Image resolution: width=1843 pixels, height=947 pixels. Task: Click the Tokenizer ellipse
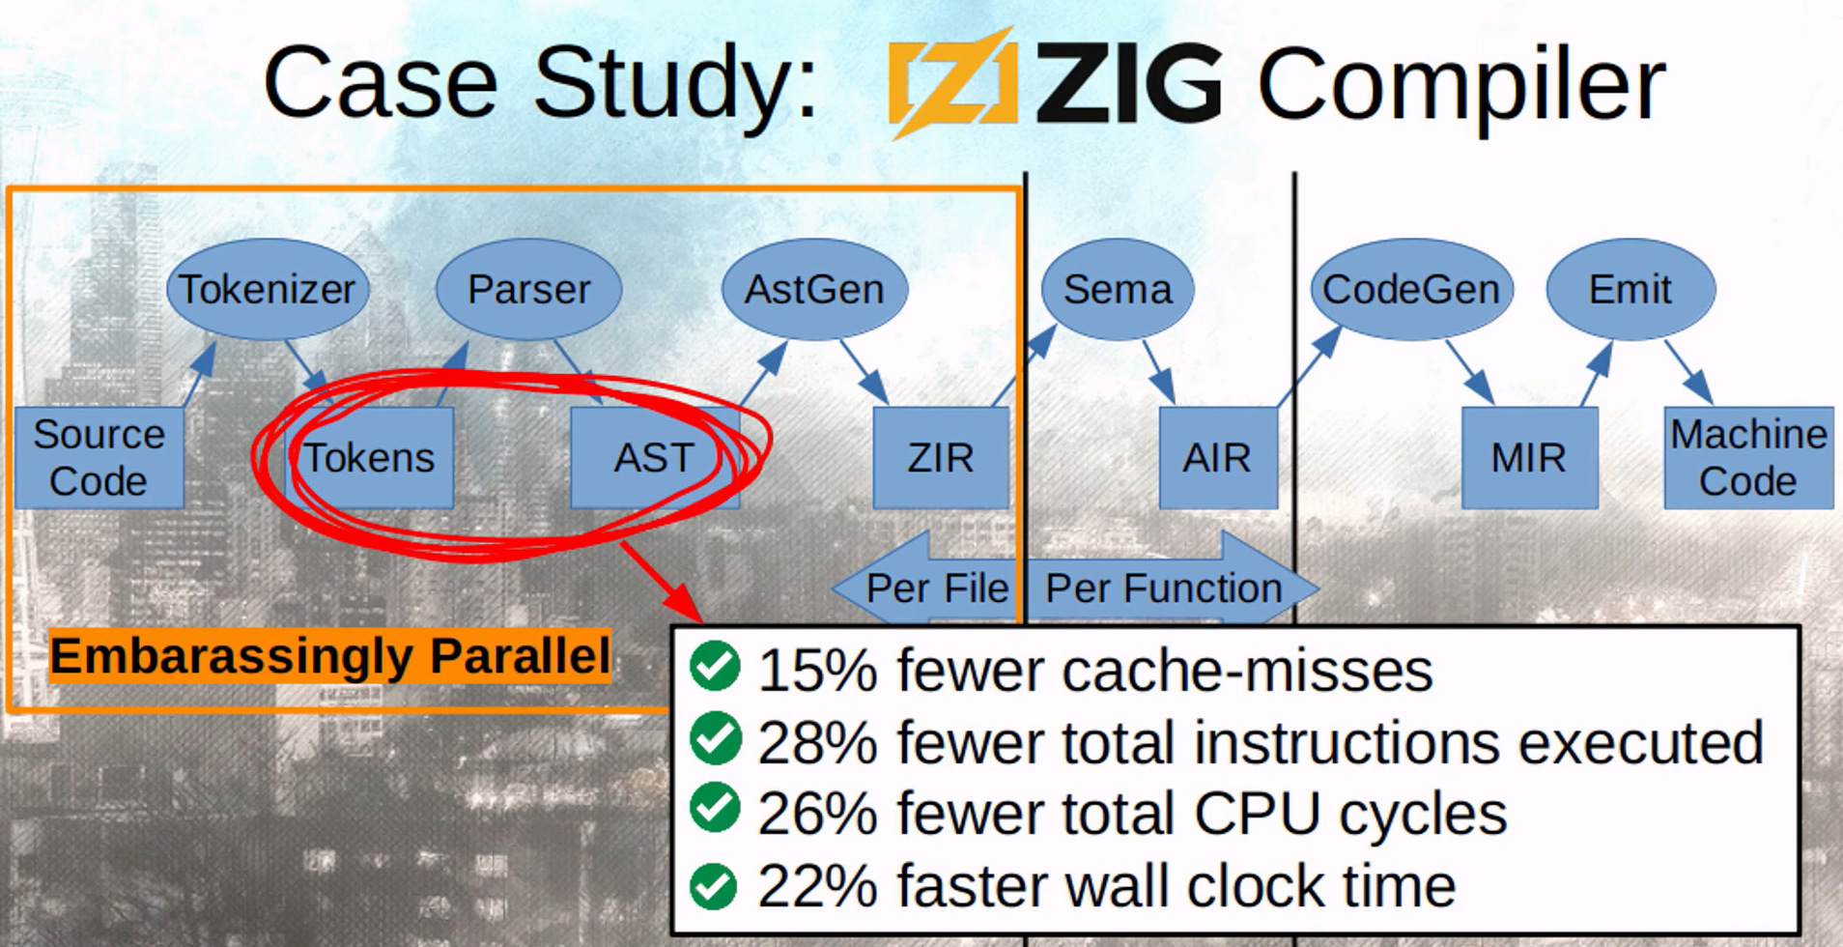coord(268,289)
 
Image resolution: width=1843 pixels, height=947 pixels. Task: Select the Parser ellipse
coord(528,289)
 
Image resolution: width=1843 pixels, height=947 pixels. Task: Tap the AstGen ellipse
coord(814,289)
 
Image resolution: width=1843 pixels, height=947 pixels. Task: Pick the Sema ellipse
coord(1118,289)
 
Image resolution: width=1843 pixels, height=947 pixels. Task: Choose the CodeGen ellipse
coord(1410,289)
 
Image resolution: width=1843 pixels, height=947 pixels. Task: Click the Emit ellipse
coord(1630,289)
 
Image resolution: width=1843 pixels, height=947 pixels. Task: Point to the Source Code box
coord(99,457)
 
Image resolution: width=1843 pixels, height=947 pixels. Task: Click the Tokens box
coord(370,457)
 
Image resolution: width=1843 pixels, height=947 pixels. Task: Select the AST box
coord(654,457)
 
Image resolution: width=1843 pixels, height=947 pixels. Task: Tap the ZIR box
coord(940,457)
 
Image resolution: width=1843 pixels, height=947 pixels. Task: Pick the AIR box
coord(1217,457)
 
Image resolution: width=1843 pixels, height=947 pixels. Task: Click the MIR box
coord(1528,457)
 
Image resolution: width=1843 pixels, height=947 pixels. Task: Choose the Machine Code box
coord(1748,457)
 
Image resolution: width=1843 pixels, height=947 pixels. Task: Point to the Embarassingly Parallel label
coord(330,656)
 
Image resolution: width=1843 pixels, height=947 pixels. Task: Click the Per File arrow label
coord(935,588)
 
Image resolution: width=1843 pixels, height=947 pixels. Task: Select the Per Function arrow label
coord(1164,588)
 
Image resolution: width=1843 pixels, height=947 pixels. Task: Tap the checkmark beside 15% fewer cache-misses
coord(716,667)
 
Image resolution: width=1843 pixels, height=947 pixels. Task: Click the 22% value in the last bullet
coord(817,886)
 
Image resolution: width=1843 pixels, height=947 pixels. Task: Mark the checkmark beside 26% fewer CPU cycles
coord(716,810)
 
